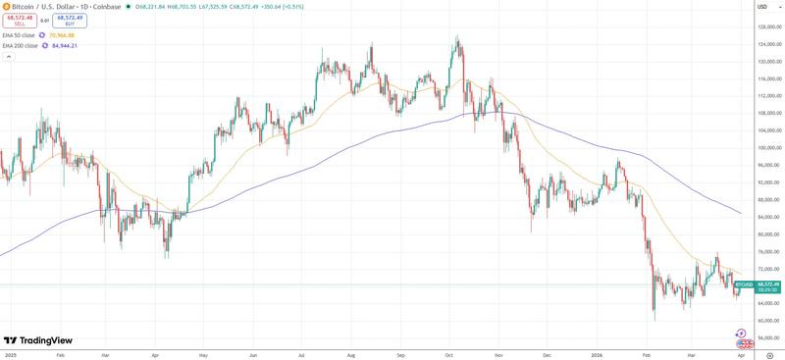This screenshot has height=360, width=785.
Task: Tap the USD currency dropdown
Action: (x=762, y=6)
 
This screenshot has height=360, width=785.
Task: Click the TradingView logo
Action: (x=40, y=340)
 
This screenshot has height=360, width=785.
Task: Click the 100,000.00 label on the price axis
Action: (x=767, y=148)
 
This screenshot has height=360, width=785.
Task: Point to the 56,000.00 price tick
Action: (x=767, y=337)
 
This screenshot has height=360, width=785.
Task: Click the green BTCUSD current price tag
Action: (x=745, y=284)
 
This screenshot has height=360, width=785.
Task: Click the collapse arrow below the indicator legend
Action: (x=8, y=57)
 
